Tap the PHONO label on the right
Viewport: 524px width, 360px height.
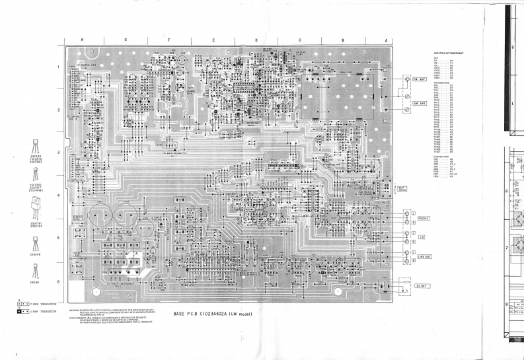[424, 218]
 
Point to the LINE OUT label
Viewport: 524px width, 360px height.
[426, 256]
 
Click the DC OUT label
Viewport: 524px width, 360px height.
[424, 286]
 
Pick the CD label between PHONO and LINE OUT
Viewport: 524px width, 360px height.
[422, 237]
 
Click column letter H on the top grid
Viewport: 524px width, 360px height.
[82, 40]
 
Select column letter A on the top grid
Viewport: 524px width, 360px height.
[385, 40]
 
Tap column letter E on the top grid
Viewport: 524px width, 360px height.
[213, 40]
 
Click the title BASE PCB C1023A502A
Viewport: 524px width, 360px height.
[208, 314]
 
